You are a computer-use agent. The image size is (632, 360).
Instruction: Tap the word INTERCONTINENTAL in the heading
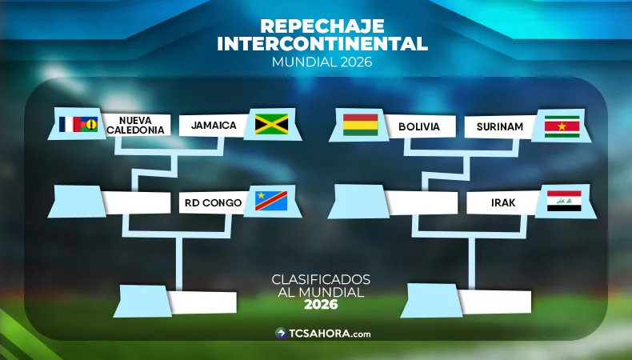322,43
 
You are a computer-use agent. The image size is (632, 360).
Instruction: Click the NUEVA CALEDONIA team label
135,125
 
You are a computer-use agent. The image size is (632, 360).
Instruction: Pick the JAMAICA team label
214,126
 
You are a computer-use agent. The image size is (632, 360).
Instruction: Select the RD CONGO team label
212,203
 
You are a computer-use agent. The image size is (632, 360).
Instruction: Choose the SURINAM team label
499,126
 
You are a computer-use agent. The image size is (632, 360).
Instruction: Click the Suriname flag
562,126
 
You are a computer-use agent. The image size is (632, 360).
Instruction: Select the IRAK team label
503,203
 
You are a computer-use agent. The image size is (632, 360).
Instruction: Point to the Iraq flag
564,201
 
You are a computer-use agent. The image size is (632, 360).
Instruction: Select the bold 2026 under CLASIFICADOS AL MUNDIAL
321,305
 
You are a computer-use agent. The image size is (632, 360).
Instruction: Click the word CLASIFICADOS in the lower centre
321,280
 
